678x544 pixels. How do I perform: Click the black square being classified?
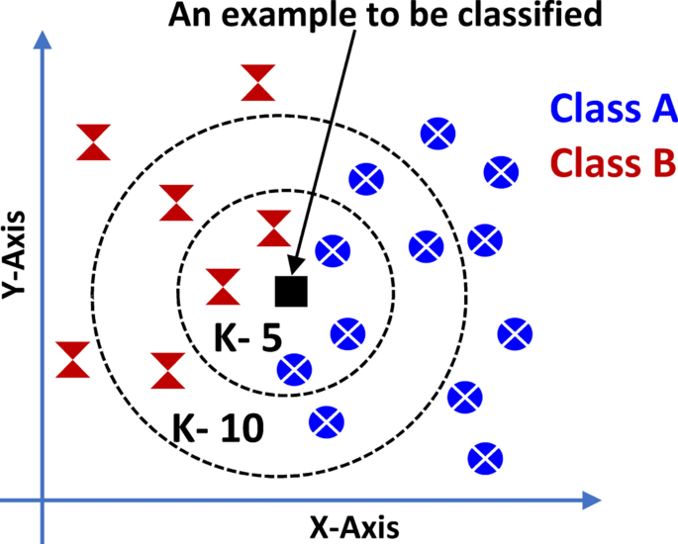[291, 291]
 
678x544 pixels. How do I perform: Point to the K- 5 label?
[248, 338]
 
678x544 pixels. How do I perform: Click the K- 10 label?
[218, 428]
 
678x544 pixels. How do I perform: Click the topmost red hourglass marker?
[258, 82]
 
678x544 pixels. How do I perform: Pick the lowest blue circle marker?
[483, 457]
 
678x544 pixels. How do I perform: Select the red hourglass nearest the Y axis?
[73, 360]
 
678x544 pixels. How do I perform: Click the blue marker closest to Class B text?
[501, 171]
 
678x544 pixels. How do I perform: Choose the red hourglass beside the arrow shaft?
[274, 228]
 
